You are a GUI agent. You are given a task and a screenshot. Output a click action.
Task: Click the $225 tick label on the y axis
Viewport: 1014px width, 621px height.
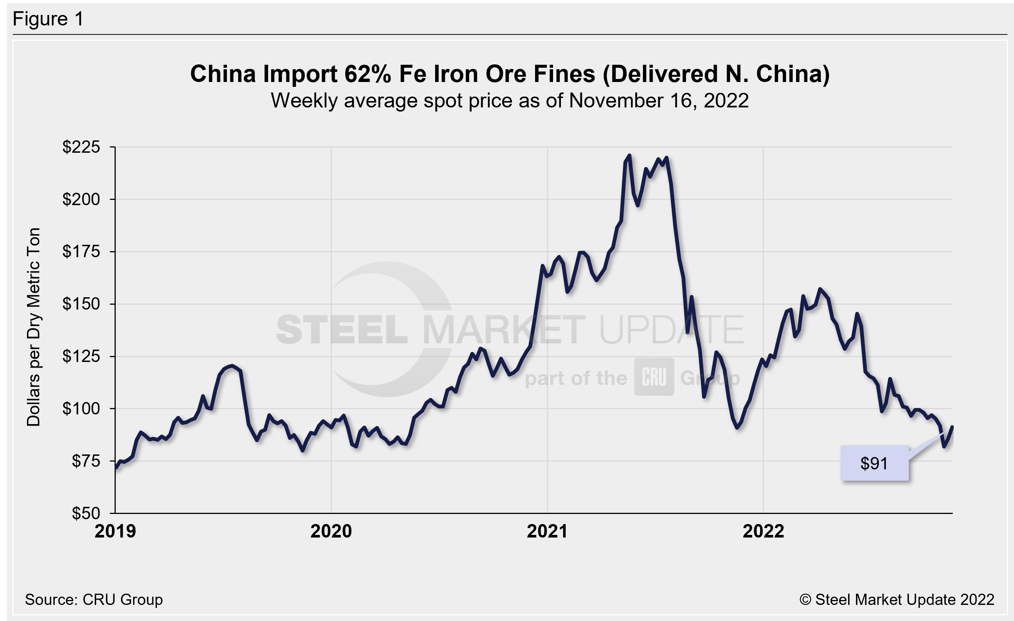pos(81,147)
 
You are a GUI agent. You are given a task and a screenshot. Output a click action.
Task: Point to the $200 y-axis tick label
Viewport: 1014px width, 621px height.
pos(81,199)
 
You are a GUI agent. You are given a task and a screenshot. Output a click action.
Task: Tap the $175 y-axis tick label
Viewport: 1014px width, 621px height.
pos(81,251)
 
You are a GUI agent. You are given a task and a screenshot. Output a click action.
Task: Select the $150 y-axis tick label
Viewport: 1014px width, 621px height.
pos(81,304)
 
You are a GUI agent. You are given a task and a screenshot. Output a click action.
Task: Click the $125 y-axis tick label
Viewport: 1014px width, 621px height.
pos(81,356)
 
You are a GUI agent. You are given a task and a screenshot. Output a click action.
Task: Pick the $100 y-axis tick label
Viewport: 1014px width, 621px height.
pos(81,408)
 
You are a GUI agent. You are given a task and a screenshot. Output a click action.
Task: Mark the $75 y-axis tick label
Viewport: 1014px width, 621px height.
pos(86,461)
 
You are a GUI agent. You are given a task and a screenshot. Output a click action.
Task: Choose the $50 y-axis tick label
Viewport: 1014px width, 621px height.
pos(86,513)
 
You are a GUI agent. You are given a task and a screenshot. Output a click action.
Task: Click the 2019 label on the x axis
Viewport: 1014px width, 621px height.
pos(115,531)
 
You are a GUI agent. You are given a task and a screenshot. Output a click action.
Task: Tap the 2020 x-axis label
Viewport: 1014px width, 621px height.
pos(331,531)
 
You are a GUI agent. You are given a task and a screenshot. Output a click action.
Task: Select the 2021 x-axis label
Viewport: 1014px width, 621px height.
pos(547,531)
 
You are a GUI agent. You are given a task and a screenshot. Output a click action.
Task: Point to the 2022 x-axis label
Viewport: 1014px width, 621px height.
pos(763,531)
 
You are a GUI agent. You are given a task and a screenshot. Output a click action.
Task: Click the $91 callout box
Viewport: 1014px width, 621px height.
pos(874,463)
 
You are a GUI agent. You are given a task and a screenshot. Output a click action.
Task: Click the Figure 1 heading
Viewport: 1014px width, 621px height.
pos(48,19)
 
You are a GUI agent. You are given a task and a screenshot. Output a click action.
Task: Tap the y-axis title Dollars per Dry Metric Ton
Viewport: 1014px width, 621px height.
pos(34,327)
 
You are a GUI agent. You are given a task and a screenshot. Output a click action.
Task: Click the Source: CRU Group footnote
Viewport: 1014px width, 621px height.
pos(94,600)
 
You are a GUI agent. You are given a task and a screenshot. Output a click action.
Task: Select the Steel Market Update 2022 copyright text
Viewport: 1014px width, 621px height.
pos(897,600)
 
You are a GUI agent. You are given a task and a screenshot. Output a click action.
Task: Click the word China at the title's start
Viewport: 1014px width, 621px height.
pos(223,74)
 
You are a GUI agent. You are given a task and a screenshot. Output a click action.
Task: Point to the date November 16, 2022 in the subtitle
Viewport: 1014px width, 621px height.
pos(658,101)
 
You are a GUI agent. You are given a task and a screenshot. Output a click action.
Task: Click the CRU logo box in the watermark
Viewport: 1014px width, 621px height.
pos(653,377)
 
